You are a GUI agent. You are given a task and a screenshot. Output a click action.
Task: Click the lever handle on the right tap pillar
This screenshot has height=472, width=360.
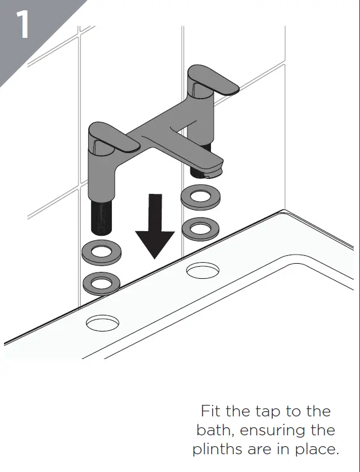215,81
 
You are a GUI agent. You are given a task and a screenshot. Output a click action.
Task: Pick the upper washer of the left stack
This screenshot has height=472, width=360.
101,252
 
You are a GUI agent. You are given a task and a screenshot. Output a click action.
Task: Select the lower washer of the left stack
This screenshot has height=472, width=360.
101,283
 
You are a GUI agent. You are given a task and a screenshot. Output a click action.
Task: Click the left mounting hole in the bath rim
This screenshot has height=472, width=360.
103,323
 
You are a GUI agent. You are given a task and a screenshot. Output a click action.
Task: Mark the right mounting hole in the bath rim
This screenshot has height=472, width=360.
202,270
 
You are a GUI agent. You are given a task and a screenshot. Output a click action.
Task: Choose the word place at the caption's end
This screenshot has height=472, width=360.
319,449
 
